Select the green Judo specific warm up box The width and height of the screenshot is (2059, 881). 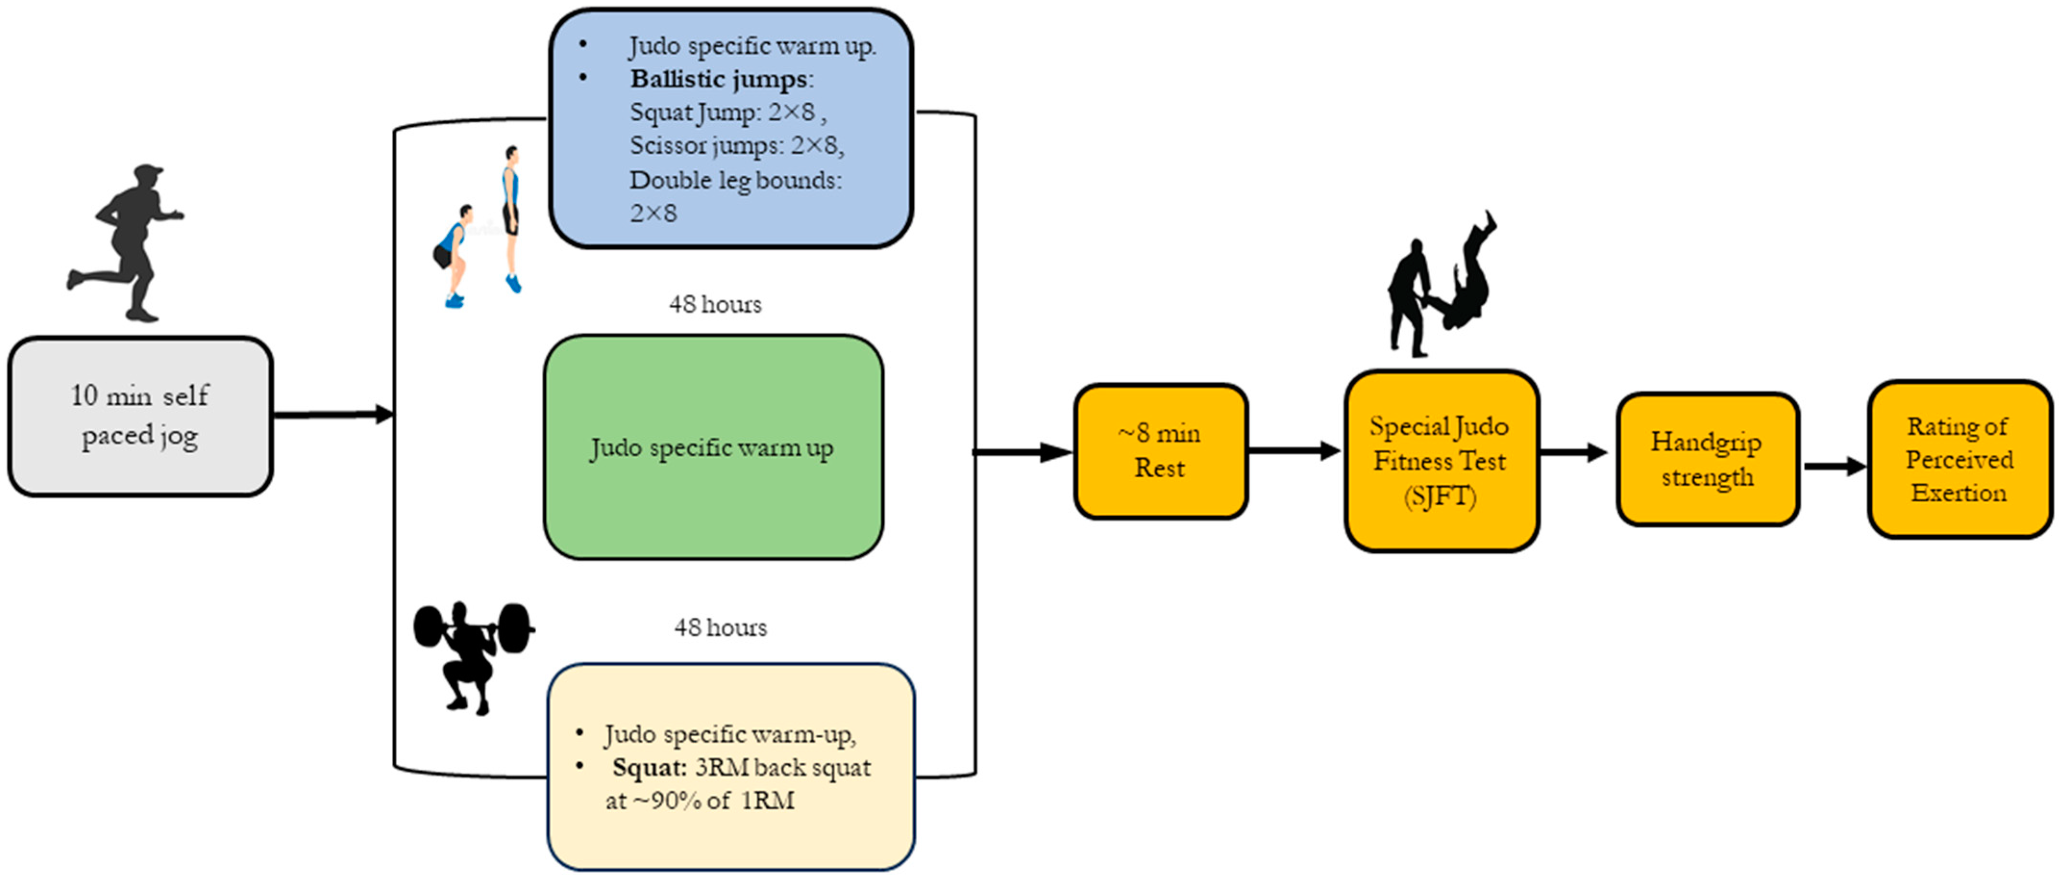pyautogui.click(x=713, y=447)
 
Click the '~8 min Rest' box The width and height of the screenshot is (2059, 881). pyautogui.click(x=1160, y=451)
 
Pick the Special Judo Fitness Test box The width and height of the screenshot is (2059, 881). pyautogui.click(x=1441, y=460)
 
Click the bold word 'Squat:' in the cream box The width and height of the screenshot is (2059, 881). pyautogui.click(x=649, y=768)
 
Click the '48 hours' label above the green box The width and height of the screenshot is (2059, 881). pyautogui.click(x=715, y=305)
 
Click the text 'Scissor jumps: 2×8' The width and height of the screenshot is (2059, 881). pyautogui.click(x=735, y=146)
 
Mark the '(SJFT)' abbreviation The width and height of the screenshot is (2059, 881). pyautogui.click(x=1441, y=496)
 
